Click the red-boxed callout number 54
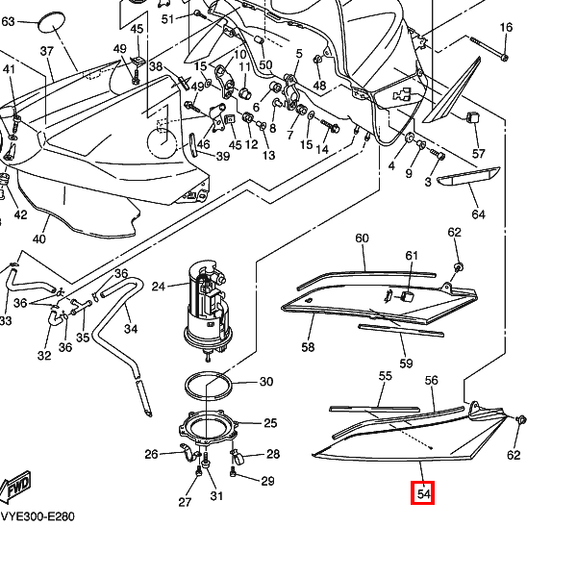(424, 494)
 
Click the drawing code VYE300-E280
(37, 516)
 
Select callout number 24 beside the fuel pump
(159, 286)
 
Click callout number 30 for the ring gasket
(266, 382)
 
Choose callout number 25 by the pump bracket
(270, 422)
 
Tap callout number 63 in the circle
(9, 20)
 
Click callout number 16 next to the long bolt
(507, 28)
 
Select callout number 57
(479, 154)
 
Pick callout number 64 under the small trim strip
(478, 213)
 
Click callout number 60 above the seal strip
(363, 238)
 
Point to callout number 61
(413, 255)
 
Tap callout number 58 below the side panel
(309, 346)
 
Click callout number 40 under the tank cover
(39, 239)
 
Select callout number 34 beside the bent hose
(131, 329)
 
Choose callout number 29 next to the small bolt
(267, 481)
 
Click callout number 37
(47, 50)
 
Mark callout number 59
(407, 364)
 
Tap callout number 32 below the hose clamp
(44, 357)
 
